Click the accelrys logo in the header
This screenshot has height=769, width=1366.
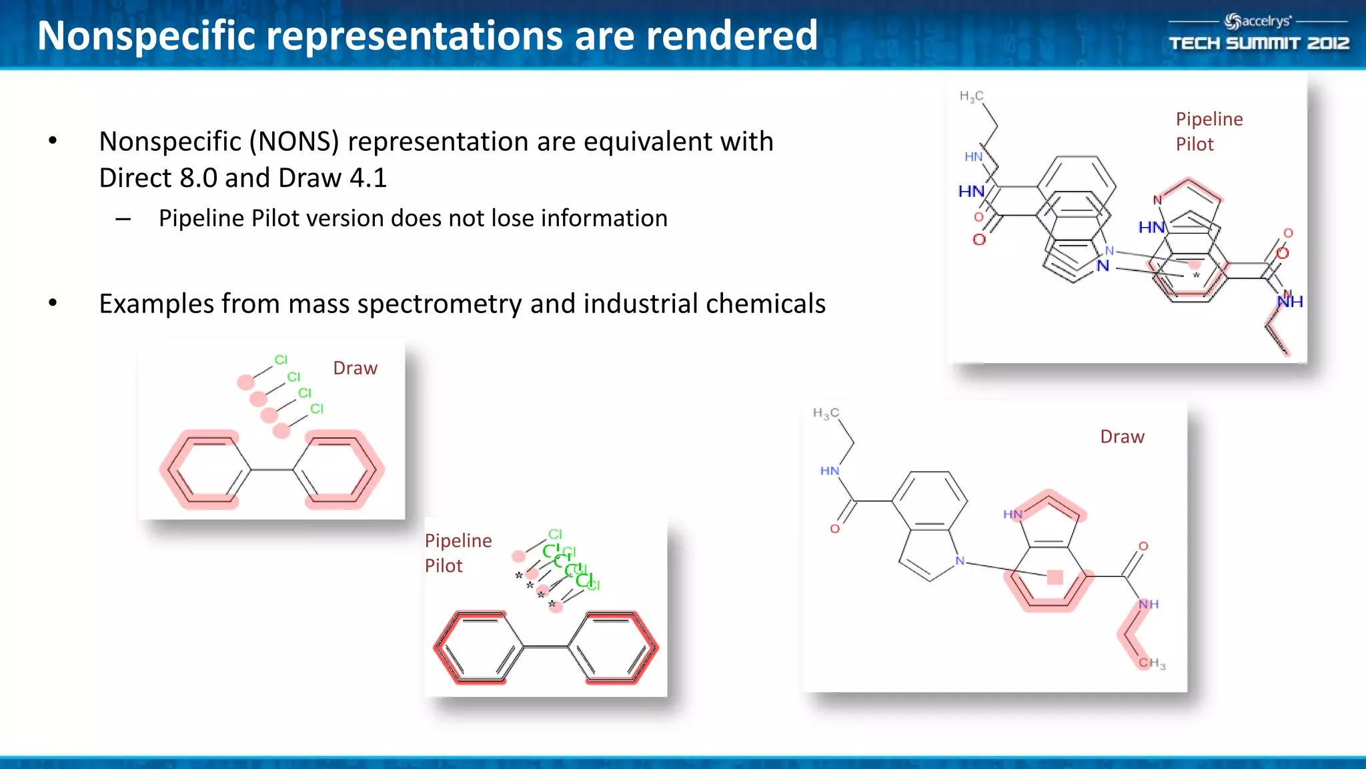pos(1258,21)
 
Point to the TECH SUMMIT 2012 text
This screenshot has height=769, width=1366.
pos(1259,44)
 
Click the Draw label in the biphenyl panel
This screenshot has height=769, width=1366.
pos(355,368)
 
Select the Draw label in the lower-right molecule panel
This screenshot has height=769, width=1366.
pos(1122,437)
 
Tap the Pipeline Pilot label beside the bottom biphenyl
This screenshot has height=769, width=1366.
pos(458,553)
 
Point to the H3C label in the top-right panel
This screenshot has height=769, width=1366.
pos(971,97)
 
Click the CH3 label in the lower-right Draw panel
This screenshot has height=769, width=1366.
pos(1152,663)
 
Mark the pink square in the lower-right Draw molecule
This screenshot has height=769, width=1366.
pos(1055,577)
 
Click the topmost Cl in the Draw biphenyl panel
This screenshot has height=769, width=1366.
pos(281,360)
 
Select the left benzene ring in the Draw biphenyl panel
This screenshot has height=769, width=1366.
pos(205,470)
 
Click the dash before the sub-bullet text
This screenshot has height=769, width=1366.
pos(123,219)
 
